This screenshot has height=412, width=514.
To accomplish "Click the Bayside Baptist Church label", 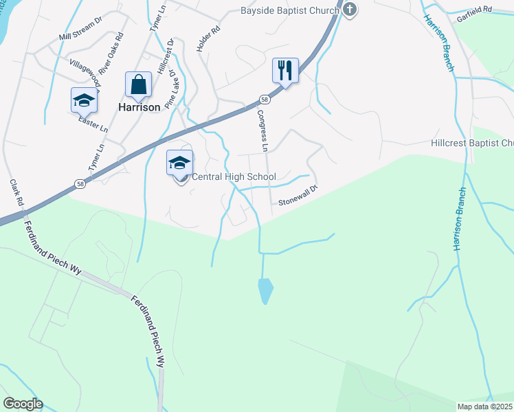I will (x=290, y=10).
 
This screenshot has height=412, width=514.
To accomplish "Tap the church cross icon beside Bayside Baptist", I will (x=350, y=10).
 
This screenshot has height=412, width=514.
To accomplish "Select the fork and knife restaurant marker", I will (x=285, y=70).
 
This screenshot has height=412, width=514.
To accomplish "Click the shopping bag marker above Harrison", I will (x=138, y=84).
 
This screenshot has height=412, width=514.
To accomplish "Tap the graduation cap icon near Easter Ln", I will (x=84, y=100).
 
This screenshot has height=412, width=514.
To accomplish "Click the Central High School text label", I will (x=233, y=177).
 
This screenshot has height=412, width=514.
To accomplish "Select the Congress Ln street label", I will (x=262, y=130).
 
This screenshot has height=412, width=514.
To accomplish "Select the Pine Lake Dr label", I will (x=173, y=86).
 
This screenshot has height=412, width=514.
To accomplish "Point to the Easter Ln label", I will (x=93, y=123).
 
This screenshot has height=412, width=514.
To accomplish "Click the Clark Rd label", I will (x=16, y=195).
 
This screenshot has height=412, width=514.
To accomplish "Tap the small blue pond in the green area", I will (x=265, y=290).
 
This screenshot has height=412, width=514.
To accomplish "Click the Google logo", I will (x=23, y=404).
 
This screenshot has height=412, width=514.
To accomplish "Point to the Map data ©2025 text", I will (x=484, y=407).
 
